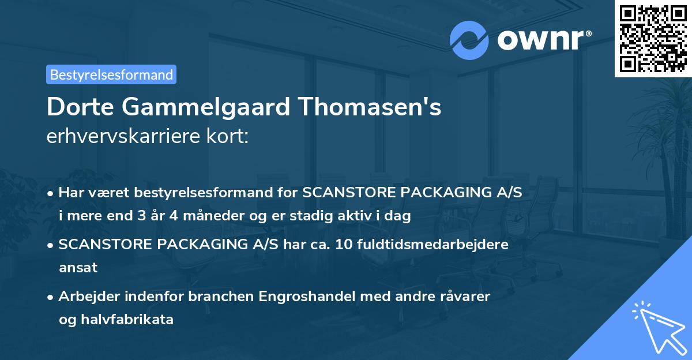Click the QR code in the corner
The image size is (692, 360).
point(653,38)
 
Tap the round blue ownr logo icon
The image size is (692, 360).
point(469,40)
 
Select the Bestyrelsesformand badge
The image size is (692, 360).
point(111,74)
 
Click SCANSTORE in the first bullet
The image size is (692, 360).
point(345,193)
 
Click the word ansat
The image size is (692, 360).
point(78,268)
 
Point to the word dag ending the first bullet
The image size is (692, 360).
point(398,216)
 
